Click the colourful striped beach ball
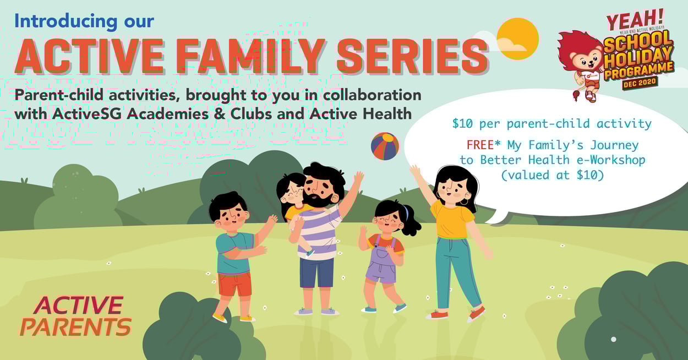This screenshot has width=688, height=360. coord(385,146)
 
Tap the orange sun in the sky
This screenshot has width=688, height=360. coord(517,38)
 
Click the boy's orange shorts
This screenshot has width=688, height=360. coord(234,283)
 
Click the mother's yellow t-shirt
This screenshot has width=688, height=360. coord(452,219)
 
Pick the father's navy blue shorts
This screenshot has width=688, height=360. coord(316,272)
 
